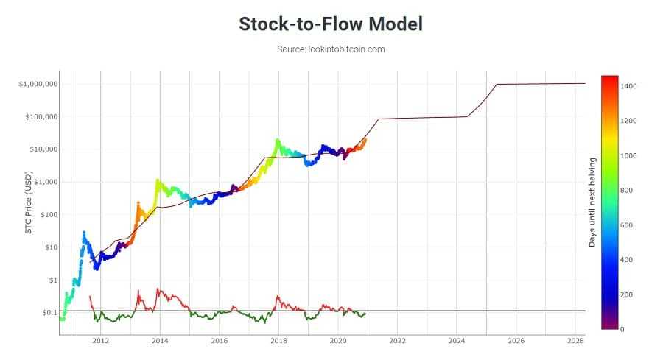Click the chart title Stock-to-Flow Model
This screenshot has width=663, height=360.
pos(331,24)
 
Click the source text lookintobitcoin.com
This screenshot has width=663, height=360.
pos(331,49)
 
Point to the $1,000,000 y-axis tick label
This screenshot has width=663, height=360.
pos(38,84)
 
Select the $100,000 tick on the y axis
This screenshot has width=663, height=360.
pos(41,117)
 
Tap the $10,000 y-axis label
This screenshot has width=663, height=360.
pos(42,149)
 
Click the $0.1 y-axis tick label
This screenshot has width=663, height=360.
pos(49,313)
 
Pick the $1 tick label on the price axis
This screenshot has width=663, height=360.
pos(52,280)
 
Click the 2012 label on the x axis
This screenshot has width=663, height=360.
pos(101,342)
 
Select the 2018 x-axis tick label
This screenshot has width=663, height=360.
pos(278,342)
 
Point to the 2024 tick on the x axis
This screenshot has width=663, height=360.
pos(457,342)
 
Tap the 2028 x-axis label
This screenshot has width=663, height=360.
pos(575,342)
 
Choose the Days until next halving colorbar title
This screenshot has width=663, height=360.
pos(592,201)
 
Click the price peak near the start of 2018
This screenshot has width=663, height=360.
pos(277,140)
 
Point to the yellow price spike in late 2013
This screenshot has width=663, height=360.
pos(157,180)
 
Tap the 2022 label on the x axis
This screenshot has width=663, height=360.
pos(397,342)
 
